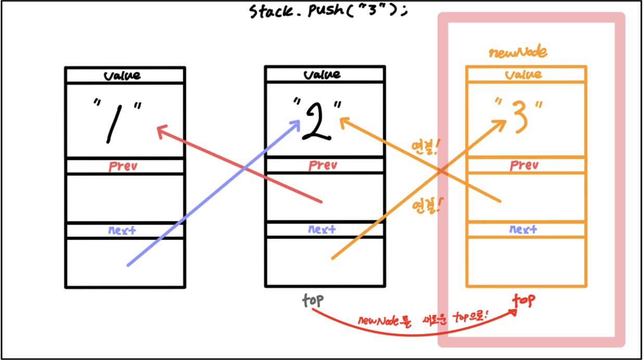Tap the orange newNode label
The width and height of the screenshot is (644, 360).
[518, 52]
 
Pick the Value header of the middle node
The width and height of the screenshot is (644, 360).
[324, 75]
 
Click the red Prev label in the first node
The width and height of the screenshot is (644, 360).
[123, 166]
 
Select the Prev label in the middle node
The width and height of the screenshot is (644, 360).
[323, 166]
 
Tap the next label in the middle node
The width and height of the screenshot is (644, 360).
[322, 229]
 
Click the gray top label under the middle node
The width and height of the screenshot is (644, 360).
[312, 300]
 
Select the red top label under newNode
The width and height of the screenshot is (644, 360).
[524, 300]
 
